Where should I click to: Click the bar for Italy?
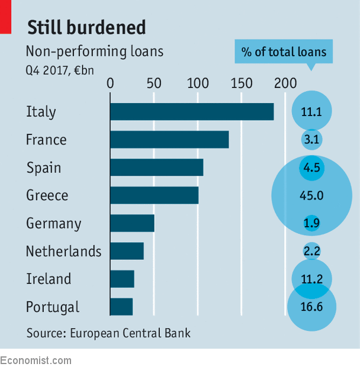pyautogui.click(x=192, y=111)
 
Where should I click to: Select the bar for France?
pyautogui.click(x=169, y=139)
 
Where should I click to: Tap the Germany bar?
pyautogui.click(x=132, y=223)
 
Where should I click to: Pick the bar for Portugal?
pyautogui.click(x=121, y=307)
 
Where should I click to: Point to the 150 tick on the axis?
pyautogui.click(x=242, y=84)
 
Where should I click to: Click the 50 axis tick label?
pyautogui.click(x=154, y=84)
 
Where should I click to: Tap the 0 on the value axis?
pyautogui.click(x=110, y=84)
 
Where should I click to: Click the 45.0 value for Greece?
pyautogui.click(x=311, y=195)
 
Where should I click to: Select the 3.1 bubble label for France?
pyautogui.click(x=311, y=140)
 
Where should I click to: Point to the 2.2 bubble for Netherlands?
pyautogui.click(x=311, y=251)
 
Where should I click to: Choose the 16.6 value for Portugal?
pyautogui.click(x=311, y=307)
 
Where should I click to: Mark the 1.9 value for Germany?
pyautogui.click(x=311, y=223)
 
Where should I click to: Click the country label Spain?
pyautogui.click(x=44, y=168)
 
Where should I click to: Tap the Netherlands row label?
pyautogui.click(x=63, y=251)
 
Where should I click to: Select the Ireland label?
pyautogui.click(x=49, y=279)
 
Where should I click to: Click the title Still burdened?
pyautogui.click(x=86, y=27)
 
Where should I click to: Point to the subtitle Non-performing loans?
pyautogui.click(x=95, y=52)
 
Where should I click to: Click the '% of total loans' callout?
pyautogui.click(x=284, y=52)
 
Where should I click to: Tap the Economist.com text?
pyautogui.click(x=36, y=361)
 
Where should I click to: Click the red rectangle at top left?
pyautogui.click(x=5, y=17)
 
